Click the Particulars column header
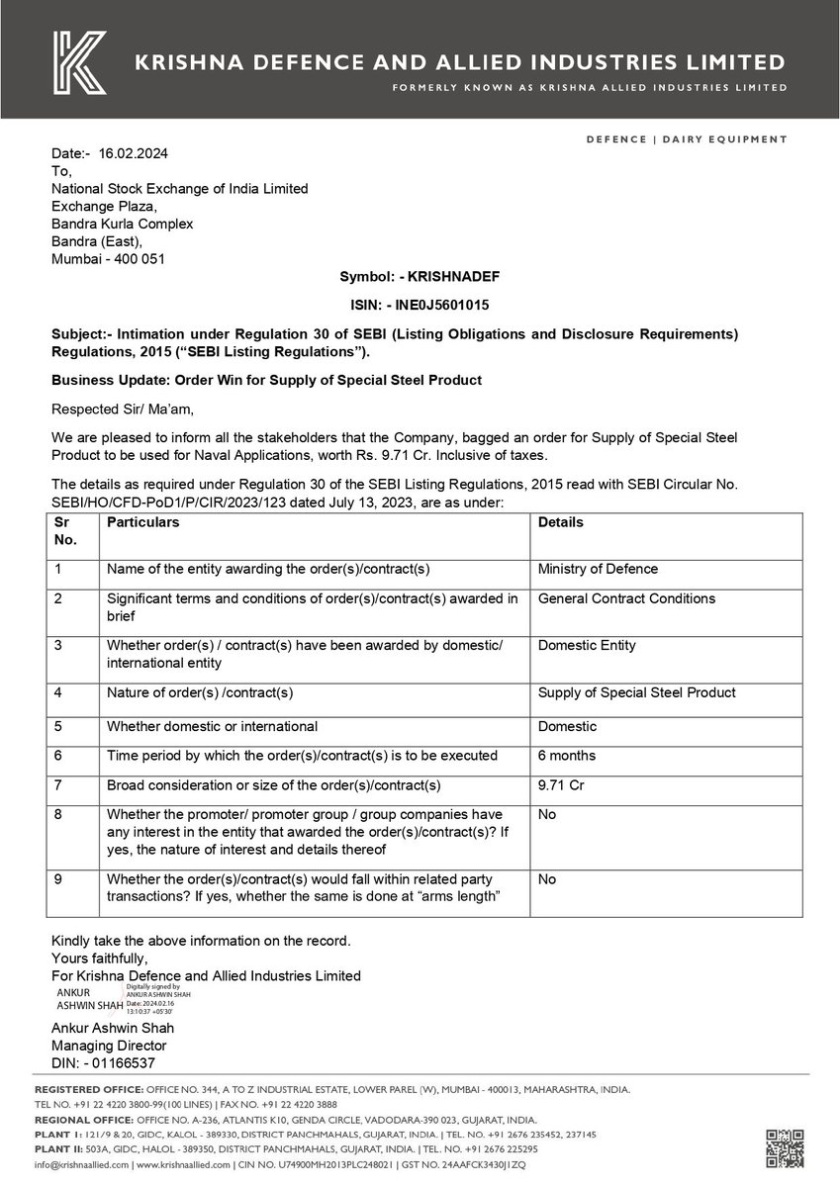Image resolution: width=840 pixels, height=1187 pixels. [143, 522]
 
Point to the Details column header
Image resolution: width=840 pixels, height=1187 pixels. [560, 522]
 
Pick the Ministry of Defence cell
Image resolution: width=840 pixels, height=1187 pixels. [598, 570]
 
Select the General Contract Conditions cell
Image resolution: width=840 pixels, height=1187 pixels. [626, 598]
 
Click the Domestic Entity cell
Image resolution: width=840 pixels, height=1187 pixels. [587, 646]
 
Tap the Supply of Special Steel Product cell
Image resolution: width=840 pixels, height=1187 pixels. [636, 693]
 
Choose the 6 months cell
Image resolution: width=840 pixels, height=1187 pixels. [567, 756]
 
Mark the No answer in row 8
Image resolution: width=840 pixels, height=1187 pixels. [547, 815]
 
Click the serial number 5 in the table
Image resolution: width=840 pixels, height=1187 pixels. [58, 727]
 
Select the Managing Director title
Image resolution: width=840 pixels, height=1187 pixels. [109, 1046]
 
